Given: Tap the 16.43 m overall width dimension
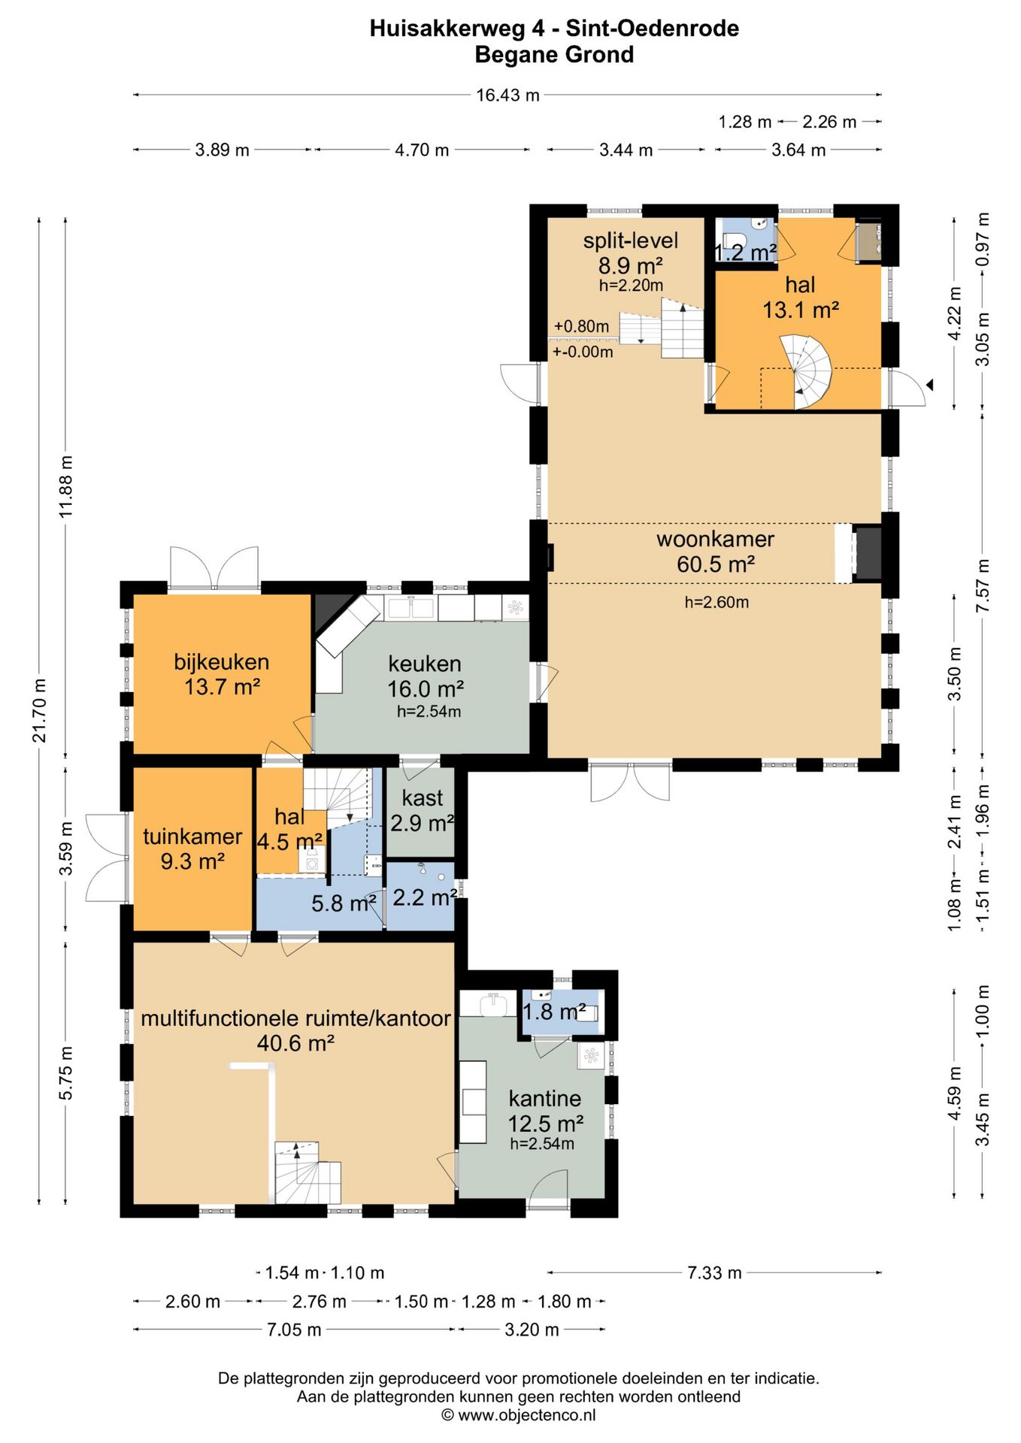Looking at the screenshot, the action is pos(507,95).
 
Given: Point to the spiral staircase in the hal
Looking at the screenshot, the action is pos(806,373).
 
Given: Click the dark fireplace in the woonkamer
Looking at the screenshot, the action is pos(868,554).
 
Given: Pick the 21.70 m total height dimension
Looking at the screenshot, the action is pos(39,710).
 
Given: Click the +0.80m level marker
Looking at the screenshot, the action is pos(581,326).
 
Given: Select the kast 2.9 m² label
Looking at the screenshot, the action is pos(423,810).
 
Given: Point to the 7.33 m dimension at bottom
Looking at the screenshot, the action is pos(714,1272).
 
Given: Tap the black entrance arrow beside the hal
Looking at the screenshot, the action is pos(929,385).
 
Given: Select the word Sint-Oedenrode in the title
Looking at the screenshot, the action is pos(653,29).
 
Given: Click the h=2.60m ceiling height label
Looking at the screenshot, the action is pos(717,602).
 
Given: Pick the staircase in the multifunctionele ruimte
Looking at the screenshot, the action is pos(308,1172).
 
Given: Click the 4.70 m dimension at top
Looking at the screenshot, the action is pos(422,150).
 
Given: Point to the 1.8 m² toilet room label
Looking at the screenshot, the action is pos(554,1012).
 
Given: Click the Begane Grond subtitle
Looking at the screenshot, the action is pos(554,55).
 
